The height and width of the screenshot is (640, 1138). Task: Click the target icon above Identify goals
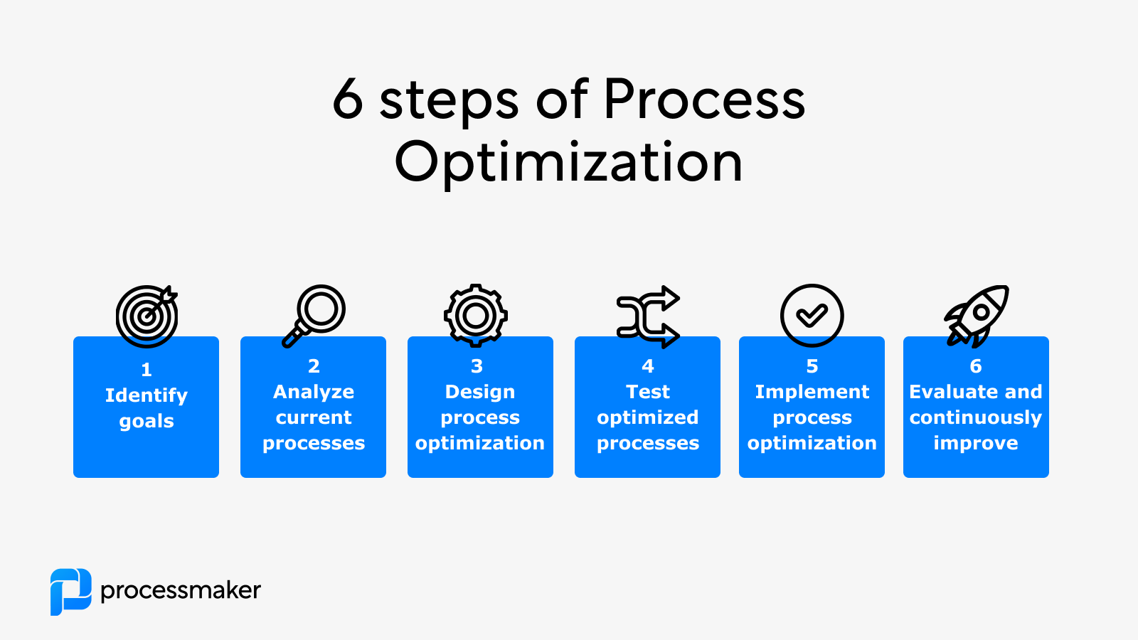[147, 316]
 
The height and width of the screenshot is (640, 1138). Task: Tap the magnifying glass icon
[314, 315]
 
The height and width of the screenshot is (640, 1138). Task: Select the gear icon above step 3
[476, 316]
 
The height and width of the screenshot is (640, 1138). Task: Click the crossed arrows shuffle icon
[647, 316]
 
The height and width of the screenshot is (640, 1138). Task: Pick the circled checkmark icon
[812, 315]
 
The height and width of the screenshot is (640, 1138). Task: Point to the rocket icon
[977, 315]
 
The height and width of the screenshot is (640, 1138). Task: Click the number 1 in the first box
[147, 370]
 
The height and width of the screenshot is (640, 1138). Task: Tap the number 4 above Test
[647, 366]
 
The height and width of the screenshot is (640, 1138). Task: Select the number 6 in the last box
[976, 366]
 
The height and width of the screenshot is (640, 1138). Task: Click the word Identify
[147, 395]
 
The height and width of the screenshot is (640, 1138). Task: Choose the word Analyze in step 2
[314, 392]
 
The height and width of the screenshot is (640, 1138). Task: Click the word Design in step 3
[480, 392]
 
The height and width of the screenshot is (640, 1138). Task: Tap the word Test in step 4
[647, 392]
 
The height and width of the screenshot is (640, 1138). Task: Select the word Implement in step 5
[812, 392]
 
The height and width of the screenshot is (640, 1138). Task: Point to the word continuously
[976, 417]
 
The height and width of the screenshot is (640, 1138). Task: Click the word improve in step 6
[976, 443]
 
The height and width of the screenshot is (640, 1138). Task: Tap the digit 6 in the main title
[348, 100]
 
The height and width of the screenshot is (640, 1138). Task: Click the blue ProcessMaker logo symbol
[70, 591]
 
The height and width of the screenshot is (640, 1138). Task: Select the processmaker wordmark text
[181, 590]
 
